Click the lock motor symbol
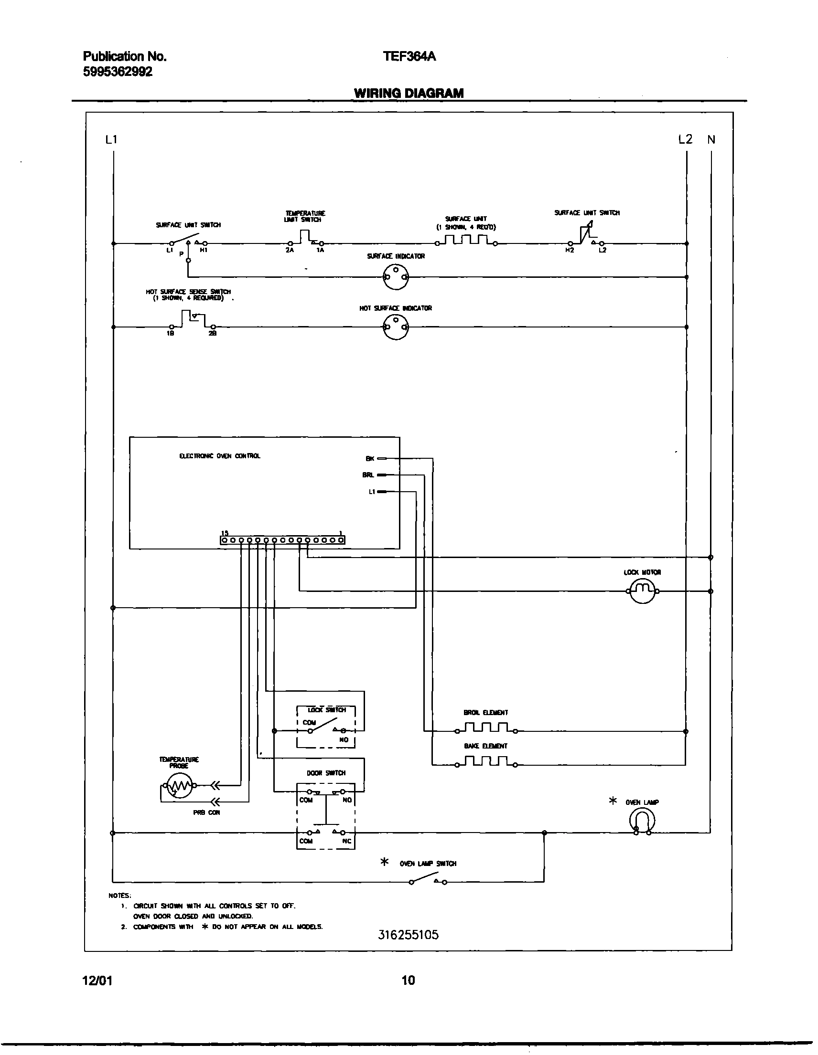tap(642, 591)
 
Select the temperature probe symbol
tap(180, 786)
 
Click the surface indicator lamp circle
tap(396, 277)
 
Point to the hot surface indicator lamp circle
tap(396, 327)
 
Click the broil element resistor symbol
tap(485, 728)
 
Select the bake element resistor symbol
tap(485, 761)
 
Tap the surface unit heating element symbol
tap(466, 240)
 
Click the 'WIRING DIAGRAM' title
tap(409, 93)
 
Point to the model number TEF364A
tap(409, 56)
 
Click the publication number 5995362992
tap(118, 72)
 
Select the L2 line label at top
tap(685, 139)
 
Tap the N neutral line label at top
tap(711, 139)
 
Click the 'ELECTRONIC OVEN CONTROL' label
tap(219, 456)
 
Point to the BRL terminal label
tap(368, 475)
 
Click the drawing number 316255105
tap(408, 935)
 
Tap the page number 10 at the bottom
tap(408, 981)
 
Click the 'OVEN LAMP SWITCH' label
tap(428, 864)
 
